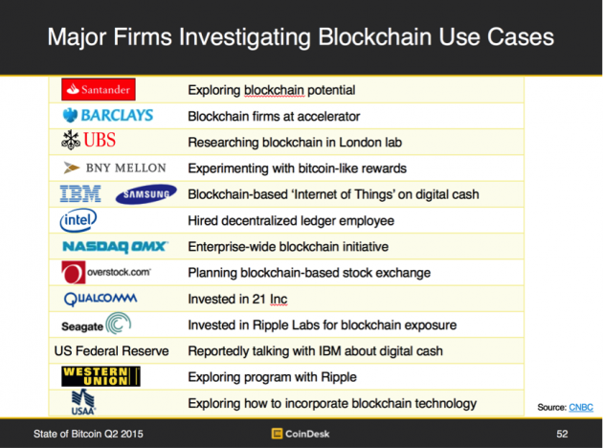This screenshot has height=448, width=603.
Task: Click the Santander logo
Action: (x=99, y=90)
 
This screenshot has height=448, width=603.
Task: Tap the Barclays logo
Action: (x=108, y=116)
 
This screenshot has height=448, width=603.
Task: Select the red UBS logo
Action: (x=88, y=140)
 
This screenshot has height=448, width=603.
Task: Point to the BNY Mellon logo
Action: (x=115, y=168)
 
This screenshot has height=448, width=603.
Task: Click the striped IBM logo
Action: (x=80, y=193)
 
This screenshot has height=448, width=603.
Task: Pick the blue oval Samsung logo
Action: (x=146, y=194)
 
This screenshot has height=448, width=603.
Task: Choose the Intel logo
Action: (x=78, y=220)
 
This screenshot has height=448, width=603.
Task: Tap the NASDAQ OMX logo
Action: (x=116, y=247)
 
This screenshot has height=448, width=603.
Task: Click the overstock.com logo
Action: (x=106, y=272)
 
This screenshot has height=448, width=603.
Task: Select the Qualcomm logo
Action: (x=100, y=299)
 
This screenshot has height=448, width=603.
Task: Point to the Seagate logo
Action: (x=96, y=324)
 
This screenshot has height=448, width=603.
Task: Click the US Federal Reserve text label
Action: (x=112, y=351)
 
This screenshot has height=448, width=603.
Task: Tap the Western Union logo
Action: (x=100, y=376)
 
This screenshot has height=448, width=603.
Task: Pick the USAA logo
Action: (x=83, y=402)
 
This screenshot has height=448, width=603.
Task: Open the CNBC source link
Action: (x=581, y=407)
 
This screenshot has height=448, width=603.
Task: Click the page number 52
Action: (x=562, y=434)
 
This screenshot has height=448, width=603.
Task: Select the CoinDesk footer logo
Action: (x=301, y=434)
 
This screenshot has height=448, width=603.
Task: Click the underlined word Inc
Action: (x=279, y=300)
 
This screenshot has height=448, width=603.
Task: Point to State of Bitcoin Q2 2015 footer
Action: (x=88, y=434)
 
